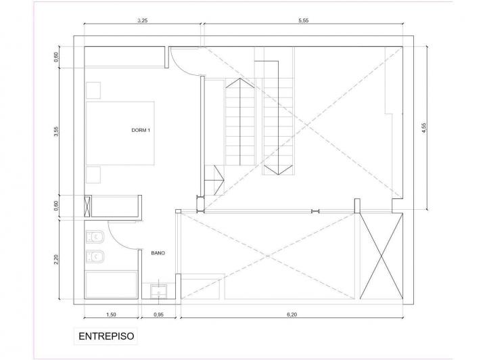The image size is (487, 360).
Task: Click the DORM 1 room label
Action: click(x=141, y=131)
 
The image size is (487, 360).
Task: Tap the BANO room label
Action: click(x=158, y=253)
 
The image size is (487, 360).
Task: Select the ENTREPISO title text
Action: click(x=106, y=336)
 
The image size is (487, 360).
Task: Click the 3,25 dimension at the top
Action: click(x=142, y=20)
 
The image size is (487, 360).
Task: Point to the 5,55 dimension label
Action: click(x=304, y=20)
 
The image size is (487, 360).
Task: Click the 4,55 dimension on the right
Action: click(x=424, y=128)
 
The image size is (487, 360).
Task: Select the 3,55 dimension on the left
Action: click(x=56, y=131)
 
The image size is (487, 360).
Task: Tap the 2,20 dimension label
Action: click(x=56, y=260)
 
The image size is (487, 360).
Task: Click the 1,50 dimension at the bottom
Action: click(x=111, y=315)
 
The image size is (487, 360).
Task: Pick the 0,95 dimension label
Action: click(x=158, y=315)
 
